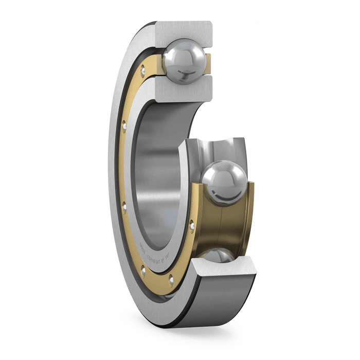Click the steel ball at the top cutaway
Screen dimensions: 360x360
point(184,61)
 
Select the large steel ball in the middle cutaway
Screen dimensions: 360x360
point(223,183)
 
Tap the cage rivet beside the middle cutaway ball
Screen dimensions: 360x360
point(192,224)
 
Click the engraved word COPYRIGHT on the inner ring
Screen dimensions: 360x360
point(156,256)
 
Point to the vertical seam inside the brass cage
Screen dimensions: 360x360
point(220,226)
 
